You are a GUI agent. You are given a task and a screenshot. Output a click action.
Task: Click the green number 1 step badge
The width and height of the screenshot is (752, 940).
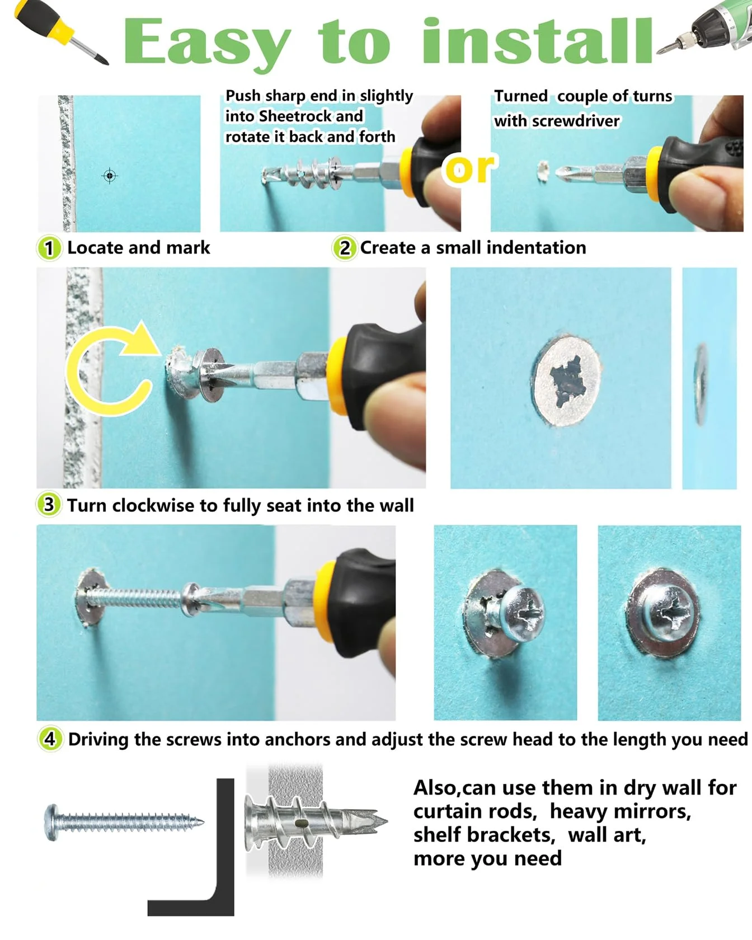pyautogui.click(x=49, y=248)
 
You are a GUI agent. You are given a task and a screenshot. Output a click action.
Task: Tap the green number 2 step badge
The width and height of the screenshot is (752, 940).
pyautogui.click(x=345, y=248)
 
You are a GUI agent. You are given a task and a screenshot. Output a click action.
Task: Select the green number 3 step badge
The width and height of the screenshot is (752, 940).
pyautogui.click(x=49, y=505)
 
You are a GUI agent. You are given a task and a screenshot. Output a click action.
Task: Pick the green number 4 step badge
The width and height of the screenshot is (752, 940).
pyautogui.click(x=50, y=739)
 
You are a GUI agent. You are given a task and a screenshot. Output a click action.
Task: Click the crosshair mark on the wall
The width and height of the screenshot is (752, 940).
pyautogui.click(x=110, y=176)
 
